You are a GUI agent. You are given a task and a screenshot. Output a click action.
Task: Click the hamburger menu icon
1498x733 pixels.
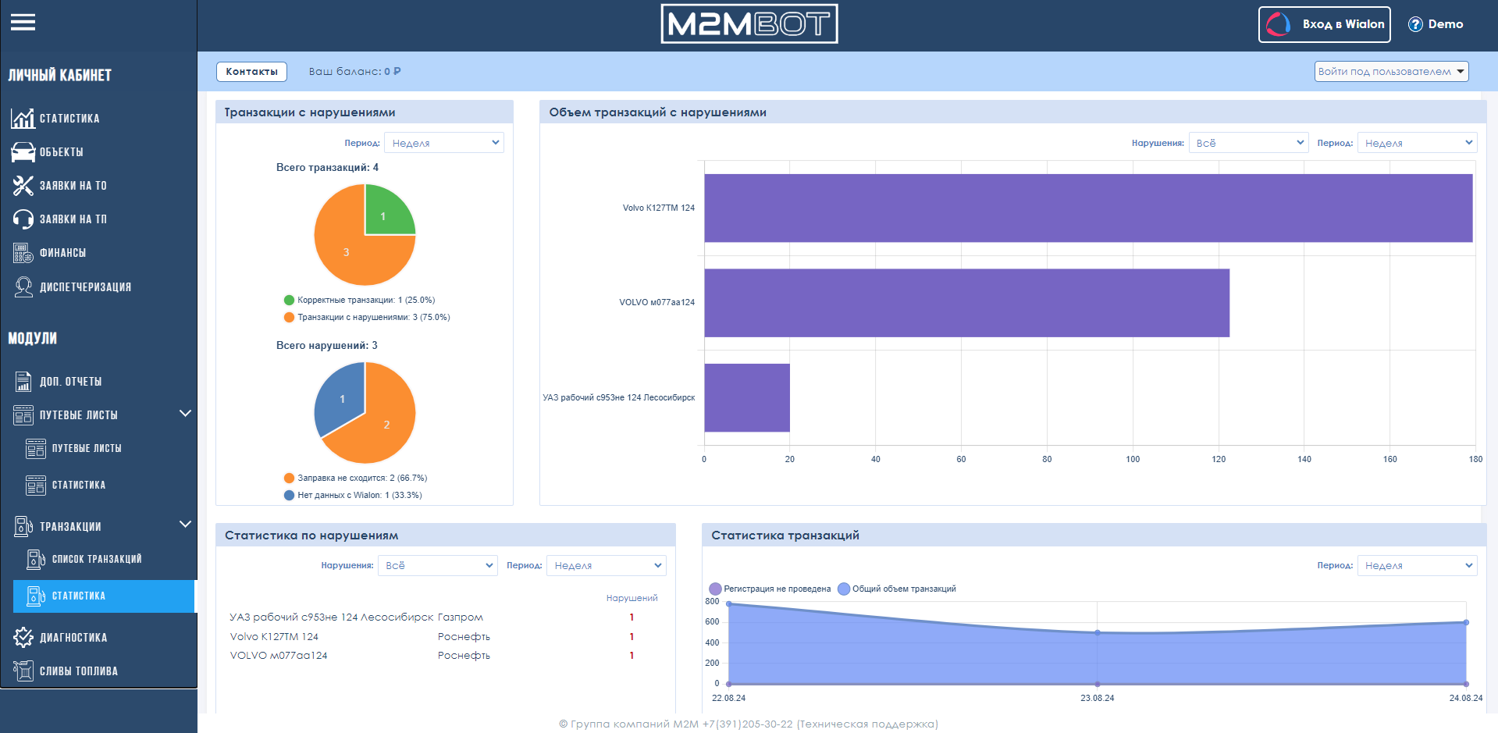tap(23, 23)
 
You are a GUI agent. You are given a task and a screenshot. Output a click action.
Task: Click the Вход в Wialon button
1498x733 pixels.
tap(1324, 24)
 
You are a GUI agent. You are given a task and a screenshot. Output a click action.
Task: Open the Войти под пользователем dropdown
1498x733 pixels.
tap(1391, 72)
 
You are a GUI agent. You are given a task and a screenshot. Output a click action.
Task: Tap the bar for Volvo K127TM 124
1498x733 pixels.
tap(1088, 208)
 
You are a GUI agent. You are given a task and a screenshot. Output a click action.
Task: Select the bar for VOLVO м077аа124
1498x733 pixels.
tap(966, 303)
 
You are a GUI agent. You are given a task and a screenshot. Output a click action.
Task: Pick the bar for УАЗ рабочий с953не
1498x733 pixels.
tap(747, 397)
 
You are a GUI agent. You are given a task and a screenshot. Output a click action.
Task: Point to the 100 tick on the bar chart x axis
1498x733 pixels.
tap(1133, 459)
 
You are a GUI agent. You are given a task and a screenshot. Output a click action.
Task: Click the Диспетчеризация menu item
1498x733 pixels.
tap(85, 287)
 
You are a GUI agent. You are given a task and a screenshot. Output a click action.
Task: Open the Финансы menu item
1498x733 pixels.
tap(62, 253)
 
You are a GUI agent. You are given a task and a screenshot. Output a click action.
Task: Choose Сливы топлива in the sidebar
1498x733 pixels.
tap(78, 671)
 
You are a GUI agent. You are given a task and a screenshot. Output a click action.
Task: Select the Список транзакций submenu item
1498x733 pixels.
tap(97, 559)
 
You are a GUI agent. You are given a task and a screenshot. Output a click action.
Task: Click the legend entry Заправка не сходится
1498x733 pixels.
tap(355, 478)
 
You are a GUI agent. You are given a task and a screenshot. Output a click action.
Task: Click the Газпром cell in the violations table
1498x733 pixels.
tap(461, 617)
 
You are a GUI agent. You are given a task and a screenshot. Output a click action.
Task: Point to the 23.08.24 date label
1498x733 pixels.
tap(1098, 698)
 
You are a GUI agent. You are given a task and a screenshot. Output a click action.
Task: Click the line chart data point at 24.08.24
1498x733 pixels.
tap(1466, 622)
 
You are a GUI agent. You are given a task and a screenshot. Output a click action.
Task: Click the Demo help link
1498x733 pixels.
tap(1436, 24)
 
